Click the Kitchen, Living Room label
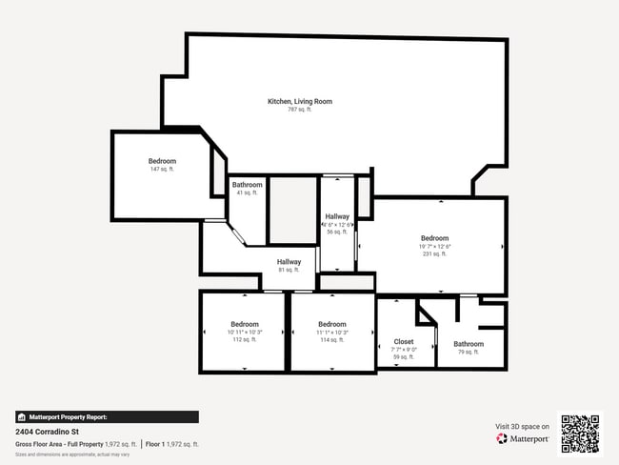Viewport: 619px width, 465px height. (x=299, y=101)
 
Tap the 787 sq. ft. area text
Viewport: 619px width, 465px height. (x=299, y=110)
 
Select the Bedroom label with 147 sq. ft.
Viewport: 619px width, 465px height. (x=162, y=161)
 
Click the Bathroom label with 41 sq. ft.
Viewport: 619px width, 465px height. (x=247, y=184)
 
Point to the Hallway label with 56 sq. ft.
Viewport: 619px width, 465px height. (x=337, y=216)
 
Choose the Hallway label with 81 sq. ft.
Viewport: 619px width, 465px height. (x=289, y=262)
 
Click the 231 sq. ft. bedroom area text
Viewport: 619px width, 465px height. (x=434, y=254)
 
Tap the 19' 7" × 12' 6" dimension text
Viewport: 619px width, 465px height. (x=434, y=247)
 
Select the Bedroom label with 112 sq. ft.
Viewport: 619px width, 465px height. (x=245, y=324)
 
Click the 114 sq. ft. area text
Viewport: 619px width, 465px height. (x=331, y=339)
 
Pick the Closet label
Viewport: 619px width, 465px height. (x=404, y=341)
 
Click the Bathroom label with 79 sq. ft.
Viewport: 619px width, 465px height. (x=468, y=344)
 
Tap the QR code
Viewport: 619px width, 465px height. (x=580, y=434)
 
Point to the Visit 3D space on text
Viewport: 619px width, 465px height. (x=523, y=426)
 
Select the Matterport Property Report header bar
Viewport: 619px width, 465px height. (x=107, y=416)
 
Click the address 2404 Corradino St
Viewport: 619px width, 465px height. (x=47, y=432)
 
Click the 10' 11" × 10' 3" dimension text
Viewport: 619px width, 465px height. (x=245, y=332)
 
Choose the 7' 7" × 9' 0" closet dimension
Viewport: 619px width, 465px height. (x=404, y=349)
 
